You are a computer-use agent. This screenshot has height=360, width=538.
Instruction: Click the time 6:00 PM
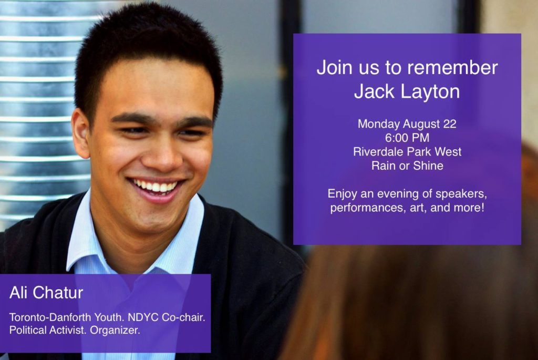coord(407,138)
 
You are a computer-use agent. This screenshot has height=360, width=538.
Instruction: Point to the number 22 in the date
coord(450,124)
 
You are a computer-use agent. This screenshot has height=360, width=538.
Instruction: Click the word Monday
coord(379,124)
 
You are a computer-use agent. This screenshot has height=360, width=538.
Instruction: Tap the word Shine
coord(428,166)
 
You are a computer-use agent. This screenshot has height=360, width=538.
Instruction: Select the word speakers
coord(461,194)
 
